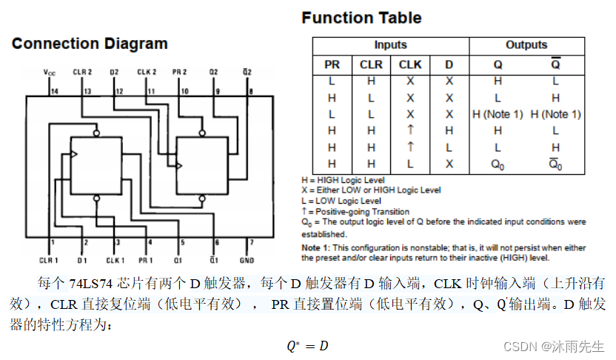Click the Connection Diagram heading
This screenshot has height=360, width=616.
[x=90, y=44]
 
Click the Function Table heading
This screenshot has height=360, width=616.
[x=361, y=18]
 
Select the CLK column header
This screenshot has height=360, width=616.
[x=410, y=64]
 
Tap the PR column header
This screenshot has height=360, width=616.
[x=332, y=64]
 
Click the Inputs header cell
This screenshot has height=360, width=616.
[x=390, y=45]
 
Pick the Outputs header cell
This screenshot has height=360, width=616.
[x=526, y=45]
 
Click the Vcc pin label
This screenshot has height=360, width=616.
[x=50, y=73]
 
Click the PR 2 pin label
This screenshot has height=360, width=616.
[x=180, y=72]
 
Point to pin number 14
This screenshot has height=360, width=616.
[x=54, y=91]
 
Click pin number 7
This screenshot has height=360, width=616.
[x=251, y=242]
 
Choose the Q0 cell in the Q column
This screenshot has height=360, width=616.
[x=498, y=164]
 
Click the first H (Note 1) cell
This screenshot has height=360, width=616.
[x=498, y=114]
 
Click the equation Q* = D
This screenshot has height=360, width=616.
[x=307, y=345]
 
